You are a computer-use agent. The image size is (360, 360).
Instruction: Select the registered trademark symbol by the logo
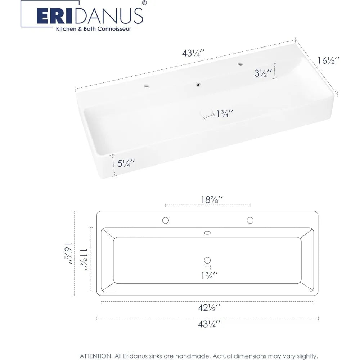[144, 3]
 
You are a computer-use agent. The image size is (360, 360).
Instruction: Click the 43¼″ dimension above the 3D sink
[193, 53]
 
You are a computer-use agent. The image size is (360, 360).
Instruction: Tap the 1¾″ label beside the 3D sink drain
[225, 114]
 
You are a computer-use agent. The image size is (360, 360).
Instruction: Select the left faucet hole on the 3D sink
[146, 86]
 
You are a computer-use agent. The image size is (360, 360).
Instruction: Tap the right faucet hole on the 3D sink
[240, 64]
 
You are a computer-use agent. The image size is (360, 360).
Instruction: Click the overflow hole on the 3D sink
[198, 85]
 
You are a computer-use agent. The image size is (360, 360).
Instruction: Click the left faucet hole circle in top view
[166, 220]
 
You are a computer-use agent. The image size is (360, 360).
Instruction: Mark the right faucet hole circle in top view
[249, 220]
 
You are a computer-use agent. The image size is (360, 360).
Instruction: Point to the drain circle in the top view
[207, 260]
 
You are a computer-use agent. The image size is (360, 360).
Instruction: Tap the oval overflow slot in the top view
[207, 233]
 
